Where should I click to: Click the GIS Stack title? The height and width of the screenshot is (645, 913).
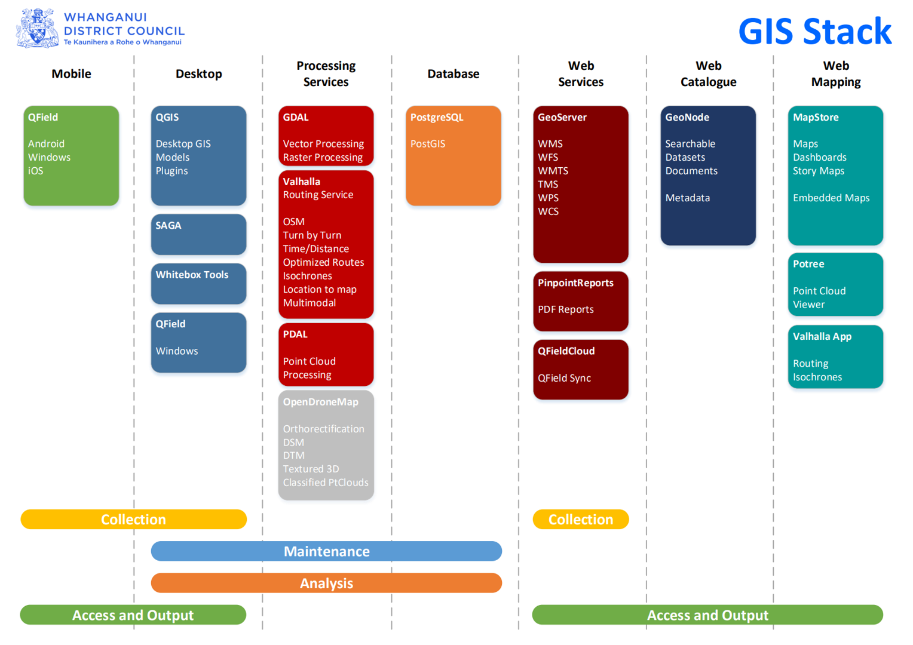pyautogui.click(x=815, y=31)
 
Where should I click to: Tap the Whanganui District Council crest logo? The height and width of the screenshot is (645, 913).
pyautogui.click(x=37, y=29)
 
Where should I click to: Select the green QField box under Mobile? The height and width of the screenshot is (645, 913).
pyautogui.click(x=71, y=156)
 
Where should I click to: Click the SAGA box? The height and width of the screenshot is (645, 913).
pyautogui.click(x=198, y=235)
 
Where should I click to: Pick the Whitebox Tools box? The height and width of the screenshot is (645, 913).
pyautogui.click(x=198, y=284)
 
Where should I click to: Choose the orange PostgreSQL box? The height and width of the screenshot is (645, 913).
pyautogui.click(x=454, y=156)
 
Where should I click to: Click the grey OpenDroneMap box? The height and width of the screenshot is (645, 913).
pyautogui.click(x=326, y=446)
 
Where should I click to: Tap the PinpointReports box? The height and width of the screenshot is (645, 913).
pyautogui.click(x=581, y=301)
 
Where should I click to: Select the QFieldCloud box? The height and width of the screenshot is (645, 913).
pyautogui.click(x=581, y=370)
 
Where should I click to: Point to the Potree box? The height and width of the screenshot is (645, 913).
pyautogui.click(x=835, y=284)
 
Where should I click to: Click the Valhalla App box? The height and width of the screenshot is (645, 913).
pyautogui.click(x=835, y=357)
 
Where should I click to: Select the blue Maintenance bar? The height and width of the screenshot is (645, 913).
pyautogui.click(x=326, y=551)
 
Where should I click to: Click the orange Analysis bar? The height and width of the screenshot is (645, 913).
pyautogui.click(x=326, y=583)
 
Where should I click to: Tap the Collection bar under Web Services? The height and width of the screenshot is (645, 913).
pyautogui.click(x=581, y=520)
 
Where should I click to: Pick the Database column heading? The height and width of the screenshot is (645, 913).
pyautogui.click(x=454, y=73)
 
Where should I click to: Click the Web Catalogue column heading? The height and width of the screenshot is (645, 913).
pyautogui.click(x=709, y=73)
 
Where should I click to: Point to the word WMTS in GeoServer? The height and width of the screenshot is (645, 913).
pyautogui.click(x=553, y=171)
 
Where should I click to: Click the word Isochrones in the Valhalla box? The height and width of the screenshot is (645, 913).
pyautogui.click(x=308, y=276)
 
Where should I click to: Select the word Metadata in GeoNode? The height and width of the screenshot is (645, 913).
pyautogui.click(x=688, y=198)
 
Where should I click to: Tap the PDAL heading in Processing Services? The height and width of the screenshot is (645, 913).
pyautogui.click(x=295, y=334)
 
